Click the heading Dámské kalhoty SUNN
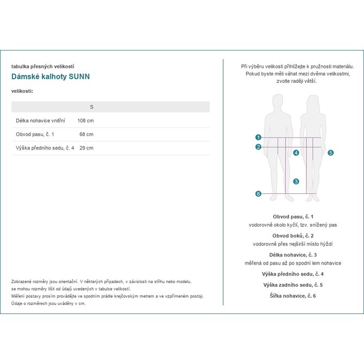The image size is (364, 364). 51,77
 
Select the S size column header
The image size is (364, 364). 91,107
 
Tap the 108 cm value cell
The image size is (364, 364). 86,121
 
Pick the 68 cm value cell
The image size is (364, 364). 86,134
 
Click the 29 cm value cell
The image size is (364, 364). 86,148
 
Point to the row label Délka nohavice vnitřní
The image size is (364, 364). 41,121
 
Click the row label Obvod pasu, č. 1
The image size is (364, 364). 35,134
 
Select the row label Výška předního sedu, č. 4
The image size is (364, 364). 45,148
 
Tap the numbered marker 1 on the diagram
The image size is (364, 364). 258,137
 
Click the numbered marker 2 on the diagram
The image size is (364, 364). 258,147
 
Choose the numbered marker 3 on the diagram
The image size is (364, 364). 296,181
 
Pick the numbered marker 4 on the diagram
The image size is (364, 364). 296,153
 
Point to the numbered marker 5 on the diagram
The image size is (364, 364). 330,153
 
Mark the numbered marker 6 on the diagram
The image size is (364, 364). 258,194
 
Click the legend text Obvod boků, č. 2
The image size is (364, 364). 293,236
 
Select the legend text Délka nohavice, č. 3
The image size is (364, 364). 293,255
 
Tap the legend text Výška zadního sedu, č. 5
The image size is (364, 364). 293,285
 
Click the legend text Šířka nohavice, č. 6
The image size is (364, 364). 293,296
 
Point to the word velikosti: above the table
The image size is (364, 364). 22,91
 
